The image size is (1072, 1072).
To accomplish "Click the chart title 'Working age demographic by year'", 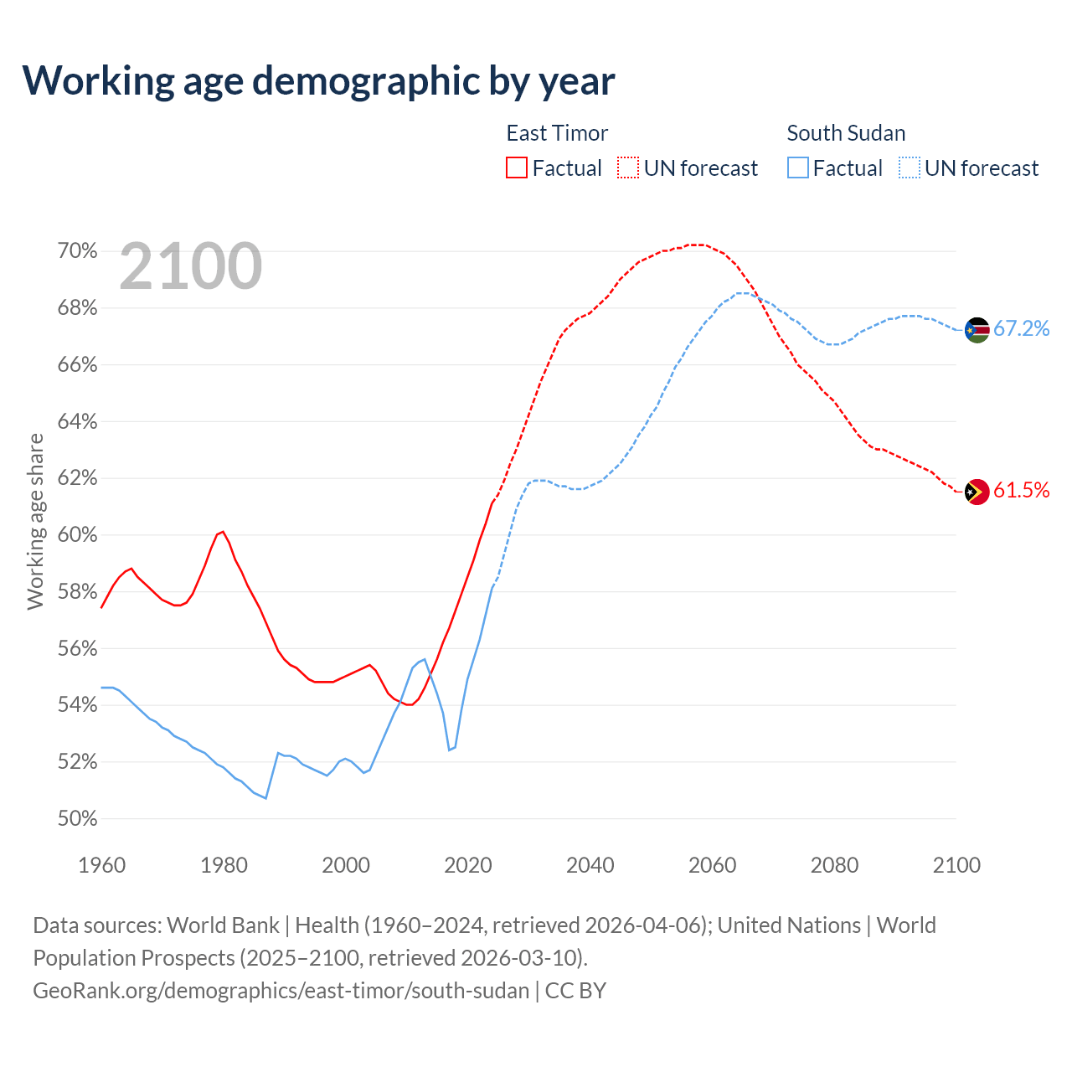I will click(318, 80).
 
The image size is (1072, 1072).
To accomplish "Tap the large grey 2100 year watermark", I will click(191, 266).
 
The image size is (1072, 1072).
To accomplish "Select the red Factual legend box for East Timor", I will click(517, 168).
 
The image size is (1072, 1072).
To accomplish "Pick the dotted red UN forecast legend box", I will click(628, 168).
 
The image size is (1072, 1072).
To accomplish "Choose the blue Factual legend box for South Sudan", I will click(798, 168).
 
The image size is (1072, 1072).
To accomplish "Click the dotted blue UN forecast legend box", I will click(909, 168).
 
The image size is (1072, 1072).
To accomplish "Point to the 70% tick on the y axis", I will click(77, 251).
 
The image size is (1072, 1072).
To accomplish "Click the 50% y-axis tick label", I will click(77, 819).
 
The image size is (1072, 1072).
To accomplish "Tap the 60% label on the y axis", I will click(77, 535).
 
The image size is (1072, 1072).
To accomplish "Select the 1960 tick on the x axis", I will click(101, 865).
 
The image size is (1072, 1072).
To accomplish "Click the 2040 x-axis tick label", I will click(590, 865).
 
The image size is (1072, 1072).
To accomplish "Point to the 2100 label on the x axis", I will click(956, 865).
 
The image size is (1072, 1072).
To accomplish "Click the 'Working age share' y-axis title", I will click(35, 521).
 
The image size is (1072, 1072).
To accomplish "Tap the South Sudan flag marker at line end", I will click(977, 330).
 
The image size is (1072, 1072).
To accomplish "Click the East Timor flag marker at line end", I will click(977, 492).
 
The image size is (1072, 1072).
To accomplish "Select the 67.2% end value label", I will click(1021, 328).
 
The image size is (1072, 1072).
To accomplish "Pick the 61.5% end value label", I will click(1021, 491).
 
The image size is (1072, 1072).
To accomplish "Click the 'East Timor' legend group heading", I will click(557, 133).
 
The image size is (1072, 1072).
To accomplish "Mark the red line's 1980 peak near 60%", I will click(222, 532).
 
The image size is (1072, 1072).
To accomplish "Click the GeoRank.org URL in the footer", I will click(281, 991).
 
